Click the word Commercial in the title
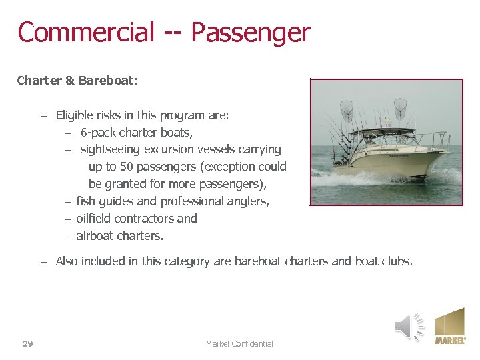[x=86, y=32]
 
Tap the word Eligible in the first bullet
[x=75, y=115]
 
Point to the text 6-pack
[x=98, y=133]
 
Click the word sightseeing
[x=111, y=149]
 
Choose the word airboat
[x=95, y=236]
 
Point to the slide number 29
[x=28, y=344]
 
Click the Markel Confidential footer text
[x=239, y=344]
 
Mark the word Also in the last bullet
[x=67, y=261]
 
